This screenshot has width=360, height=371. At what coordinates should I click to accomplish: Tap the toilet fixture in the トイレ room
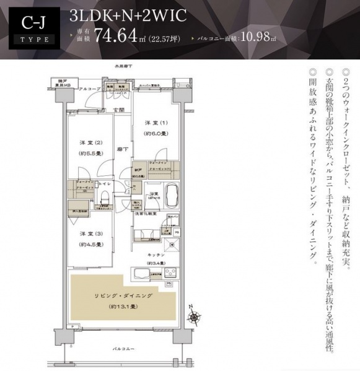tap(105, 198)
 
